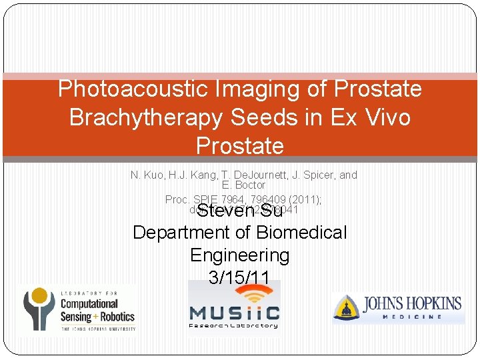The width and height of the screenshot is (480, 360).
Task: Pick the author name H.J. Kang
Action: click(192, 175)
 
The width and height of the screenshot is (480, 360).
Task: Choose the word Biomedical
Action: click(307, 233)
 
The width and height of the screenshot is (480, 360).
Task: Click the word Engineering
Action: click(240, 255)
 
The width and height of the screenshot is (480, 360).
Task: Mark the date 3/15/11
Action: click(240, 277)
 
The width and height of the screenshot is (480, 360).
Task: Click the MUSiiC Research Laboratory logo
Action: click(234, 309)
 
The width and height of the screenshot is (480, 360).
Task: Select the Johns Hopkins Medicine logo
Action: click(398, 309)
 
